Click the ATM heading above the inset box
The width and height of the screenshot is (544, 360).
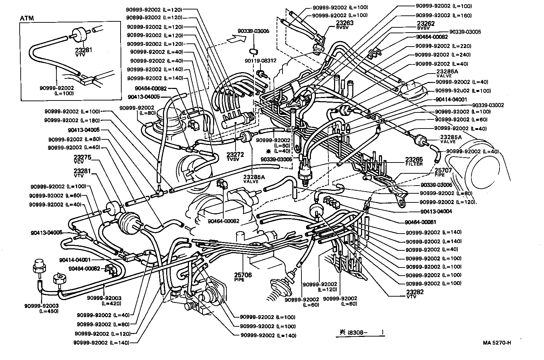[27, 18]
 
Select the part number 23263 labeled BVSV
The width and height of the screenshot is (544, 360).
[335, 25]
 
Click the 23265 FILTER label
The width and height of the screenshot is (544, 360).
[414, 161]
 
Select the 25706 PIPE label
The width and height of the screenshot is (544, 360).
[243, 277]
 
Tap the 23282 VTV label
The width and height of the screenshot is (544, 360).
[415, 293]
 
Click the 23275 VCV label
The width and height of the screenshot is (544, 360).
[82, 159]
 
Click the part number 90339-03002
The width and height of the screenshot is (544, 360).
[488, 105]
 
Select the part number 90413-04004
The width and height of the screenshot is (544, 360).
[436, 211]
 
